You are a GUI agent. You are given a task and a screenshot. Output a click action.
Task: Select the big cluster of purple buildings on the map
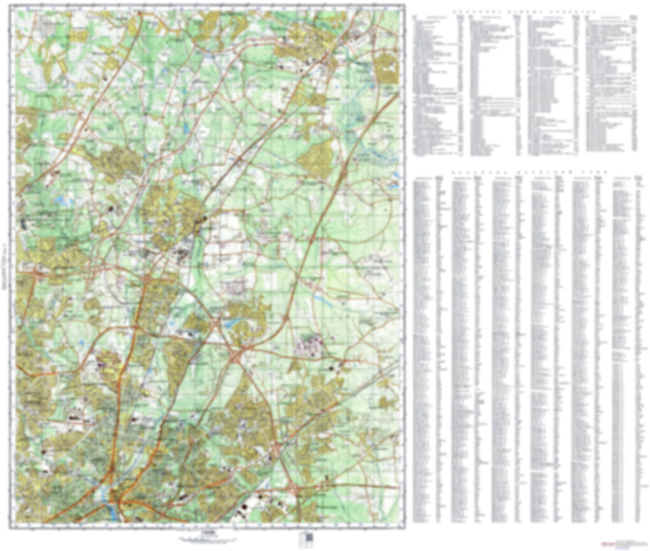pyautogui.click(x=310, y=344)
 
